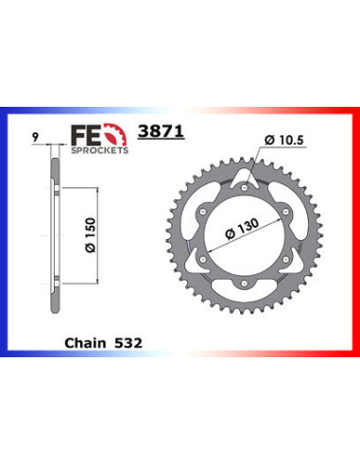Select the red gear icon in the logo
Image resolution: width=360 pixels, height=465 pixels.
[x=115, y=133]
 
